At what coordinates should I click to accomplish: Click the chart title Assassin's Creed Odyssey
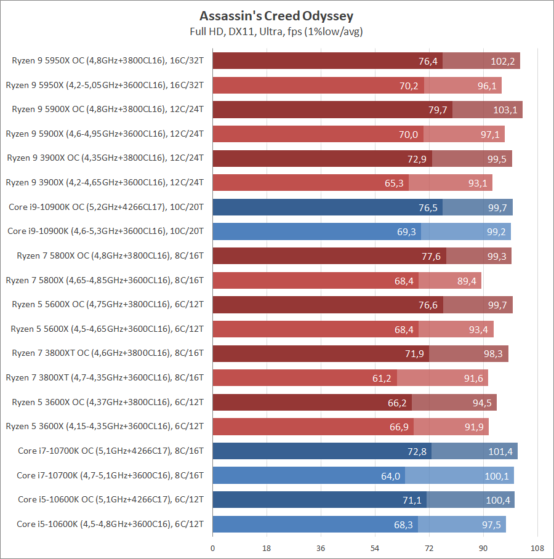click(276, 15)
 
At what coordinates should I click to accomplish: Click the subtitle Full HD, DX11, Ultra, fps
click(276, 31)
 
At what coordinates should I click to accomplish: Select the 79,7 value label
click(438, 110)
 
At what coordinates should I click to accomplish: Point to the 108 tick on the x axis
click(537, 547)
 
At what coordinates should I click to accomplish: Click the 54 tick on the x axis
click(375, 547)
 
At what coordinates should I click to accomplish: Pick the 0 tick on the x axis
click(213, 547)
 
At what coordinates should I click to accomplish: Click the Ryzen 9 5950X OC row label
click(108, 60)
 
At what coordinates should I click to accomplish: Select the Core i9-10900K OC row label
click(106, 207)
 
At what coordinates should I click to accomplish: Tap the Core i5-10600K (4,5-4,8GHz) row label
click(110, 524)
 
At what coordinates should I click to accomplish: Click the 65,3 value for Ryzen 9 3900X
click(394, 183)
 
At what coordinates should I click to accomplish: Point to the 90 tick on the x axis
click(483, 547)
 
